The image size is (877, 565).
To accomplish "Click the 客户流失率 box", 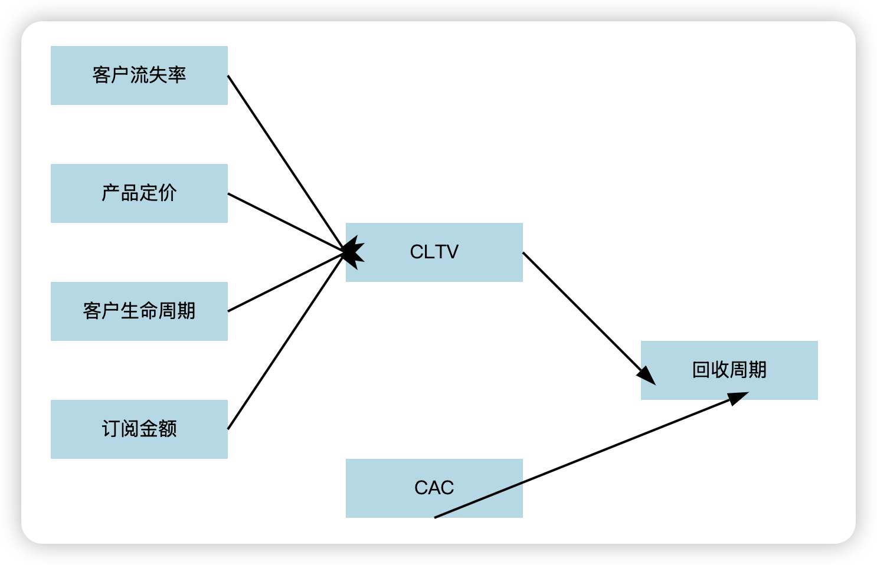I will (139, 75).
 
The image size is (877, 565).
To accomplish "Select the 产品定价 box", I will (139, 193).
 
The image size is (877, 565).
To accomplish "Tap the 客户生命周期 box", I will (139, 311).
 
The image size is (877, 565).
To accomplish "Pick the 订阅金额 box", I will (139, 429).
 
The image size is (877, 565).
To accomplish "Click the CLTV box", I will (434, 252).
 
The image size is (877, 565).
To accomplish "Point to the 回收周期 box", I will (729, 370).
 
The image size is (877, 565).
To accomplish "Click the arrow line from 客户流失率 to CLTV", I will (283, 159).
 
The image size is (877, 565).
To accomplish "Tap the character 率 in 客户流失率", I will (177, 75).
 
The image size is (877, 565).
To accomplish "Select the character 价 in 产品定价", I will (168, 193).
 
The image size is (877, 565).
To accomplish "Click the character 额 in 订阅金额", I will (168, 429).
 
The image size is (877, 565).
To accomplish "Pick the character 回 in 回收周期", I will (701, 370).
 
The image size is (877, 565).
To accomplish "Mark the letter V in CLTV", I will (452, 252).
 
